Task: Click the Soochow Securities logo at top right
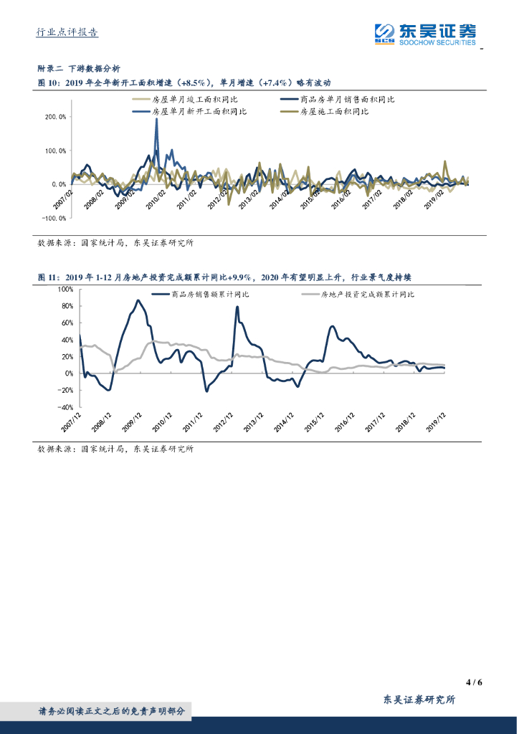pyautogui.click(x=426, y=33)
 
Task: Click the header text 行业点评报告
pyautogui.click(x=67, y=32)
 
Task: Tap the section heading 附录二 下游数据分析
pyautogui.click(x=79, y=69)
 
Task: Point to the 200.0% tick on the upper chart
pyautogui.click(x=55, y=116)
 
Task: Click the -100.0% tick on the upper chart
pyautogui.click(x=54, y=218)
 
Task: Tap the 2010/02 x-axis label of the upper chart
pyautogui.click(x=156, y=196)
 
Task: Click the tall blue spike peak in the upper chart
pyautogui.click(x=156, y=120)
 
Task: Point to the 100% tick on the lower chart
pyautogui.click(x=65, y=289)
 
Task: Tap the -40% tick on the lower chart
pyautogui.click(x=65, y=407)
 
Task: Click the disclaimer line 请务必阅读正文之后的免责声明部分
pyautogui.click(x=111, y=711)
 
